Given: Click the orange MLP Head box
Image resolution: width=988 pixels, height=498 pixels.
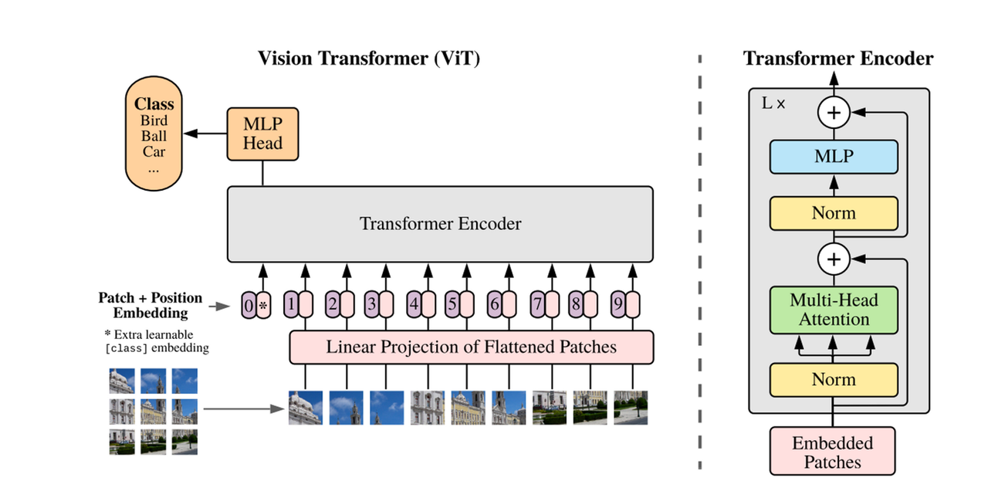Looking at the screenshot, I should pos(263,134).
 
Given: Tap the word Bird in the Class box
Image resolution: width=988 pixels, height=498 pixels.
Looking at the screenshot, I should pos(154,120).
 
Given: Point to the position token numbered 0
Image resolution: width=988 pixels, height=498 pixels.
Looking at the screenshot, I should pos(249,306).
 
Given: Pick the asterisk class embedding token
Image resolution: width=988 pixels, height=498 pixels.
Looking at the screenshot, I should pos(263,306).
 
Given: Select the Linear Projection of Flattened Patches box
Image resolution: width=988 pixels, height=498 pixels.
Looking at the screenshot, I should pos(471,347).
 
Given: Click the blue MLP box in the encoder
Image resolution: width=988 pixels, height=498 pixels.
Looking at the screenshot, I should pos(834,156).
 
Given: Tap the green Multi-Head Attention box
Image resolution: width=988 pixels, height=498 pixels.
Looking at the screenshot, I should pos(834,310).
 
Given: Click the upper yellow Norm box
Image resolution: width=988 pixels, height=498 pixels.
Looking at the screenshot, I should pos(834,213).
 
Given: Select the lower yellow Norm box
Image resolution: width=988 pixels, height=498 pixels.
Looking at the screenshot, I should pos(834,379).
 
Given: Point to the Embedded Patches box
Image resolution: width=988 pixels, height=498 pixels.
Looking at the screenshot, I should pos(833,452).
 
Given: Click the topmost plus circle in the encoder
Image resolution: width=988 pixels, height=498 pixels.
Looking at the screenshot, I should pos(834,113).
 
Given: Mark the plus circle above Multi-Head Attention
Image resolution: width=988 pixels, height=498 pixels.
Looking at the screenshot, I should pos(834,259).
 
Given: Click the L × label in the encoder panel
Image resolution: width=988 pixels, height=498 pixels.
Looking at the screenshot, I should pos(773,103).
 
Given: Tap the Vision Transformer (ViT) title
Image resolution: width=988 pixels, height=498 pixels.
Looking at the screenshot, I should pos(369,59).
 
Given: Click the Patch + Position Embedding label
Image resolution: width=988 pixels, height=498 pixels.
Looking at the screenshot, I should pos(150,305).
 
